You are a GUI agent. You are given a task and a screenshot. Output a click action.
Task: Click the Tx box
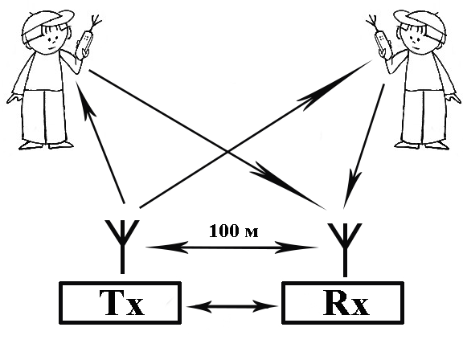(x=120, y=303)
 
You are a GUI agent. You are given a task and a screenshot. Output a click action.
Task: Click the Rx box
(x=342, y=303)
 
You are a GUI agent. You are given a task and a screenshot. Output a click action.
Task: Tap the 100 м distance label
(x=234, y=231)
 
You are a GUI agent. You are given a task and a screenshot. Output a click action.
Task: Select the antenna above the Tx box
(x=122, y=247)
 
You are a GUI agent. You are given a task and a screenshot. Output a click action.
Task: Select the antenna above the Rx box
(x=345, y=249)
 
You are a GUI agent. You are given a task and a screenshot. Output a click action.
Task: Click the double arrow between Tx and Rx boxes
(x=232, y=306)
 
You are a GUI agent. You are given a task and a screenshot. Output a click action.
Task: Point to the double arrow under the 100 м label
(x=231, y=247)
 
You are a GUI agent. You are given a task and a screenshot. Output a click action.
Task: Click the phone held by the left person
(x=85, y=43)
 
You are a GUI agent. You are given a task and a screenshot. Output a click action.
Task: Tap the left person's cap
(x=47, y=23)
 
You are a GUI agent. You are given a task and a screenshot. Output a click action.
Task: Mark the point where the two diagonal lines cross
(x=227, y=152)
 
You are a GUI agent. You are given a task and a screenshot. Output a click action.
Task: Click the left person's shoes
(x=46, y=145)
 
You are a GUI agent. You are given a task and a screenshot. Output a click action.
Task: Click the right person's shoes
(x=422, y=145)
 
